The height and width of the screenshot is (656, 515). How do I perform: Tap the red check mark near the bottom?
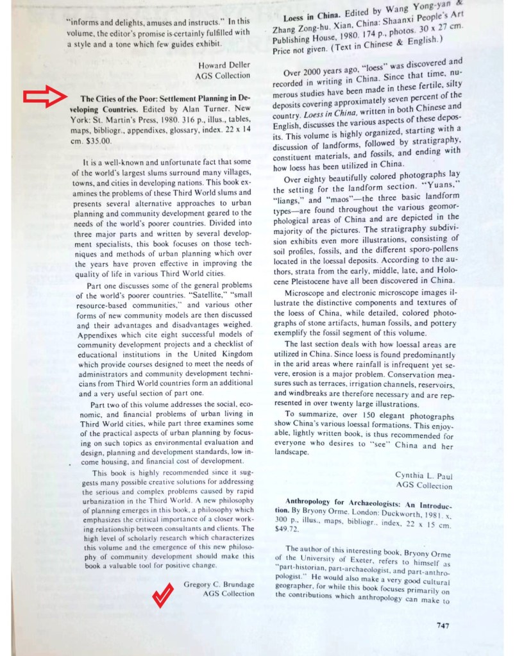[162, 595]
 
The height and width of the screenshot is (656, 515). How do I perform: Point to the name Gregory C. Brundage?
[219, 584]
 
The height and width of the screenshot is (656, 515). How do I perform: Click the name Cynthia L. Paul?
[424, 475]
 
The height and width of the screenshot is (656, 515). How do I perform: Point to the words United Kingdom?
[223, 354]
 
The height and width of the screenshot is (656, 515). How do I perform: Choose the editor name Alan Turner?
[198, 109]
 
